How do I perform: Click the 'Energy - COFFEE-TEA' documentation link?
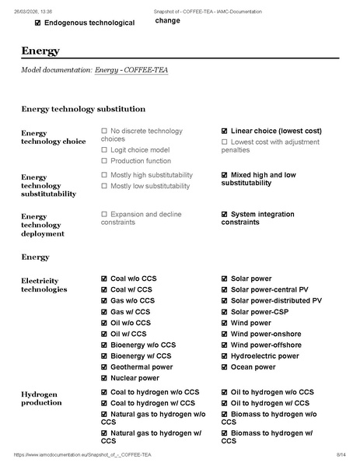tap(131, 71)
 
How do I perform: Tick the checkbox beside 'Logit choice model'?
tap(104, 149)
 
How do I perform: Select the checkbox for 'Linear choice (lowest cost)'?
tap(225, 131)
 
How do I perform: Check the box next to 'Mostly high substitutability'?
tap(104, 175)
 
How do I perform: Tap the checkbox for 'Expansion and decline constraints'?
tap(104, 213)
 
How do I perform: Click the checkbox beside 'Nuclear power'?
tap(104, 378)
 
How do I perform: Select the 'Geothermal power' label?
tap(142, 366)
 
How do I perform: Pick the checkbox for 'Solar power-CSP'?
tap(225, 311)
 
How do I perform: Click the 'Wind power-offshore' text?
tap(266, 345)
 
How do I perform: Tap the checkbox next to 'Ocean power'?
tap(225, 366)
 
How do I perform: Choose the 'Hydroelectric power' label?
tap(264, 356)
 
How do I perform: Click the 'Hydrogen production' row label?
tap(42, 398)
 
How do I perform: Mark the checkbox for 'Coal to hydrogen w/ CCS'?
tap(104, 403)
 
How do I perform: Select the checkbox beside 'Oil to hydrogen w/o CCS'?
tap(225, 392)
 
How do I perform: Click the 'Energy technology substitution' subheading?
tap(83, 109)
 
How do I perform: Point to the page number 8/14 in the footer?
tap(341, 454)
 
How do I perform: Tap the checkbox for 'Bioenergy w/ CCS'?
tap(104, 356)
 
